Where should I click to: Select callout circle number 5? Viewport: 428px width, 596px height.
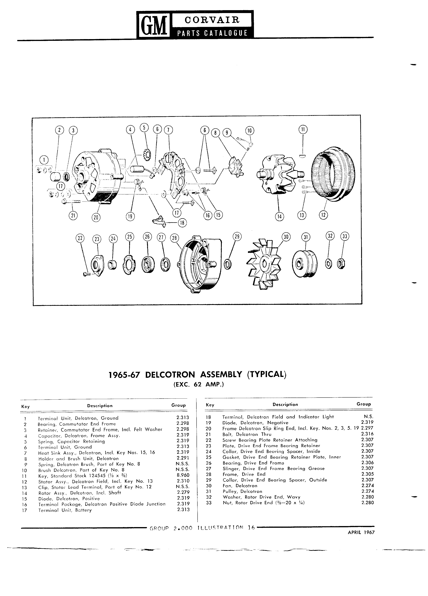(144, 128)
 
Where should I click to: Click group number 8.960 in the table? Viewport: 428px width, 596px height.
(183, 475)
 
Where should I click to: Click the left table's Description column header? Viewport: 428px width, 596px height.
(100, 406)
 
